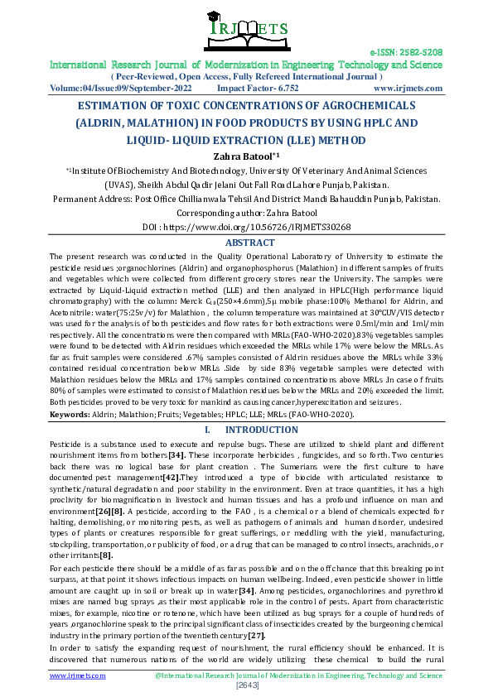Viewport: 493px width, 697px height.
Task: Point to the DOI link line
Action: point(246,226)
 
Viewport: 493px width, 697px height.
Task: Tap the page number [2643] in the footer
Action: point(247,686)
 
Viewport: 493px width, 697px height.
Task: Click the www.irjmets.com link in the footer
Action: point(77,675)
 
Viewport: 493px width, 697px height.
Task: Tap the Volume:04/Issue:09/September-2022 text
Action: point(121,87)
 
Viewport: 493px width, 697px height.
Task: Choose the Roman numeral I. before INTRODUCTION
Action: point(207,430)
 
